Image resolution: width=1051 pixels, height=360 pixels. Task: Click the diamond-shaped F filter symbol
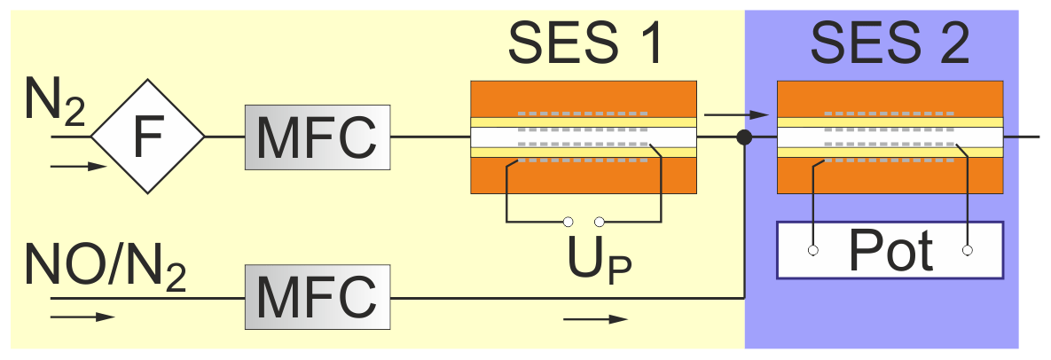coord(148,137)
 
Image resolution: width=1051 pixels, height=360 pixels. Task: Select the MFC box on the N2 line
coord(318,137)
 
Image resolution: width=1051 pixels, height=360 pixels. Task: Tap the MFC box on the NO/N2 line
coord(318,297)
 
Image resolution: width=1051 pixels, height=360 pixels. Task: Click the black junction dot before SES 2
coord(745,137)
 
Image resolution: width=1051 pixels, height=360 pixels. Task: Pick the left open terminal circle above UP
coord(569,221)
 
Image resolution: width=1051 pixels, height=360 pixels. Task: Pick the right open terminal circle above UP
coord(600,221)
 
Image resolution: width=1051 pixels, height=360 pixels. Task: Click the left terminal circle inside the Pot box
coord(812,251)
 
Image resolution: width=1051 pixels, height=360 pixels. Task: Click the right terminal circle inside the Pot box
coord(968,251)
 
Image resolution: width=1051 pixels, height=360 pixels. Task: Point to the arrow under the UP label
coord(594,317)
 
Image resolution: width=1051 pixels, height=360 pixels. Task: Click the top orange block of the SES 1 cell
coord(584,98)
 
